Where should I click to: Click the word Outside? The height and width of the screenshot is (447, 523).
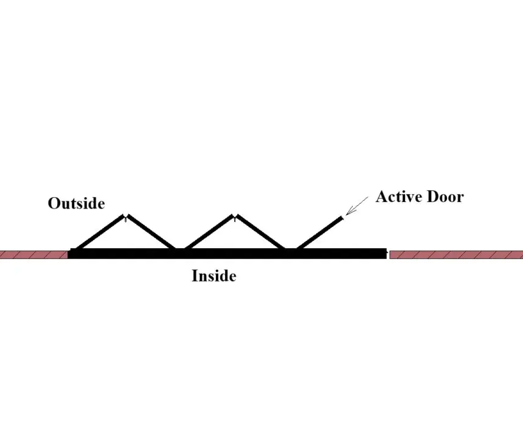pos(77,203)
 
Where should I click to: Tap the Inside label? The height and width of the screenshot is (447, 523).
pos(214,276)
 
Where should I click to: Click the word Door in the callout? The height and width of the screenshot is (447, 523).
pos(445,196)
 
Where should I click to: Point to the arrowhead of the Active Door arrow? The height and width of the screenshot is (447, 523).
pos(347,215)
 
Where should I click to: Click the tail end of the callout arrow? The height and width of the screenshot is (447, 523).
pos(368,197)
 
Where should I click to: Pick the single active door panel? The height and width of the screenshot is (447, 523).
pos(319,233)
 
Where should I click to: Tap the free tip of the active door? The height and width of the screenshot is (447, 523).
pos(342,218)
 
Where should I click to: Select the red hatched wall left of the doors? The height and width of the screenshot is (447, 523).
pos(33,255)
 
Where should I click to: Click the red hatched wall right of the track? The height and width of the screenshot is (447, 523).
pos(456,255)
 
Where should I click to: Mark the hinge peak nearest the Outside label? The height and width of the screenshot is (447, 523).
pos(125,216)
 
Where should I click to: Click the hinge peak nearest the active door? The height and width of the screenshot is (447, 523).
pos(235,216)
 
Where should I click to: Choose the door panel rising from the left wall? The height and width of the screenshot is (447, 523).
pos(99,232)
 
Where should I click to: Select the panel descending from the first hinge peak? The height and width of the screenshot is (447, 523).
pos(151,232)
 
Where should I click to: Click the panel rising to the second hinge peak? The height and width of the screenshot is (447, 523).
pos(209,232)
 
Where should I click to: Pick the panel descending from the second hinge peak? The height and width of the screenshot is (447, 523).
pos(260,232)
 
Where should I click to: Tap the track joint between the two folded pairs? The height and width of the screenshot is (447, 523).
pos(180,249)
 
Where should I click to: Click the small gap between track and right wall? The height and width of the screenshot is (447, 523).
pos(388,255)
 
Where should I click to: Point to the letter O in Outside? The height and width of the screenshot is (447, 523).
pos(54,204)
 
